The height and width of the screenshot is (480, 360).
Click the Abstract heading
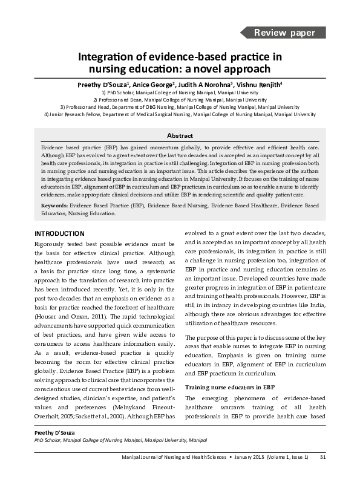tap(180, 136)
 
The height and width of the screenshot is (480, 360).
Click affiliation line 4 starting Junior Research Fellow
tap(180, 114)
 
